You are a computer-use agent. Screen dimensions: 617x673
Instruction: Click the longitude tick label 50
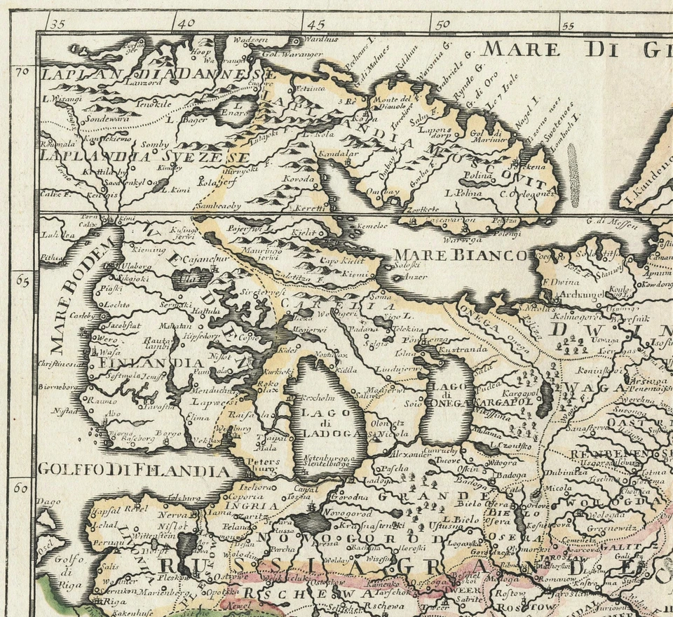click(x=442, y=23)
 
